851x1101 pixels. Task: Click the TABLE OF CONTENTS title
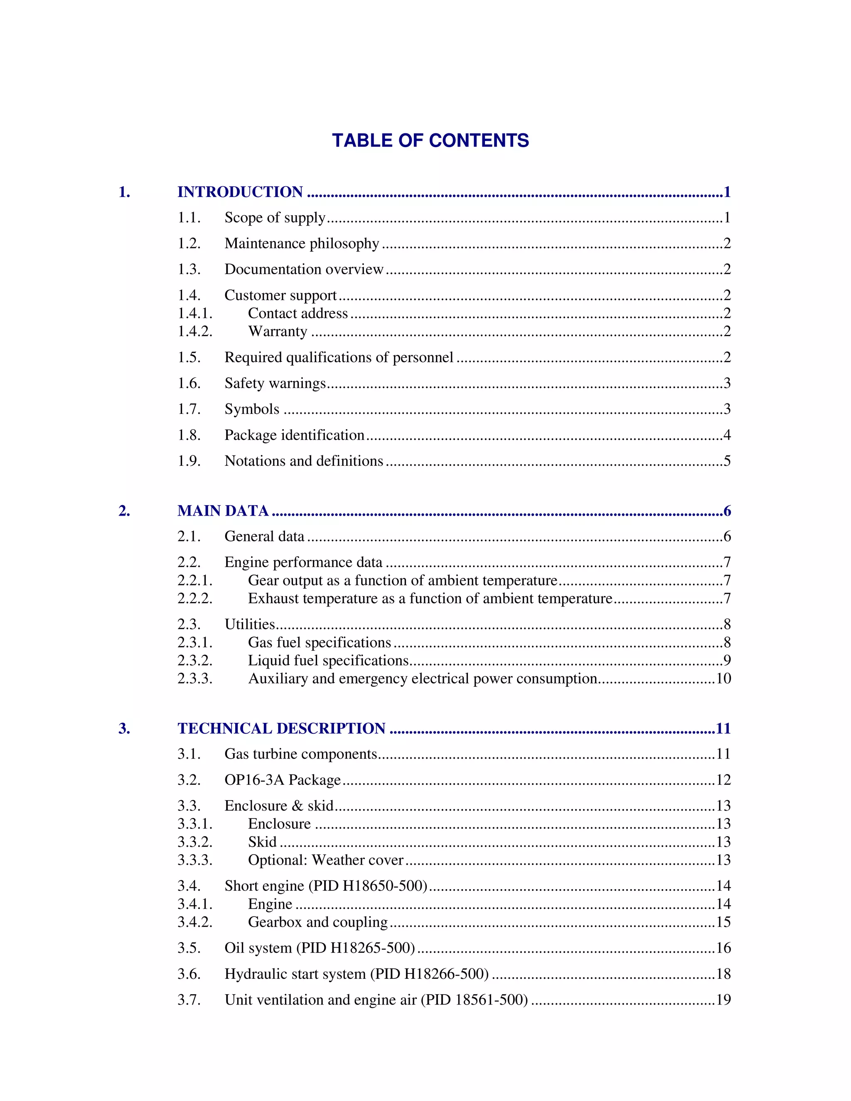[x=430, y=141]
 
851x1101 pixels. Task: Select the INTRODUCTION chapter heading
[x=240, y=192]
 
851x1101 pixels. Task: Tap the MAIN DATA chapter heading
[x=223, y=511]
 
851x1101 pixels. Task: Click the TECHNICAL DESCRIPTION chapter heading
[x=281, y=728]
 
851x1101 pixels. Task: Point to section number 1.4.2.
[x=194, y=331]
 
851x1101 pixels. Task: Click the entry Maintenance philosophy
[x=302, y=243]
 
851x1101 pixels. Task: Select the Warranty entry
[x=277, y=331]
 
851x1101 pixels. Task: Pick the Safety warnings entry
[x=275, y=383]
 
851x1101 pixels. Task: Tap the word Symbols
[x=251, y=409]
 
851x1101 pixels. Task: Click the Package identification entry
[x=295, y=435]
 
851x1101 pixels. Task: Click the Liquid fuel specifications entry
[x=328, y=661]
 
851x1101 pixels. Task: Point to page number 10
[x=723, y=678]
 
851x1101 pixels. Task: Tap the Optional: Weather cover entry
[x=326, y=860]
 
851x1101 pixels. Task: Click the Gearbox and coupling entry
[x=317, y=922]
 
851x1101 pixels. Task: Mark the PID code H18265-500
[x=372, y=948]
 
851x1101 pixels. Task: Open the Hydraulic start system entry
[x=357, y=974]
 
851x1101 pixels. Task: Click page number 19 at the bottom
[x=723, y=1000]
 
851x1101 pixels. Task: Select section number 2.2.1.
[x=194, y=580]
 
